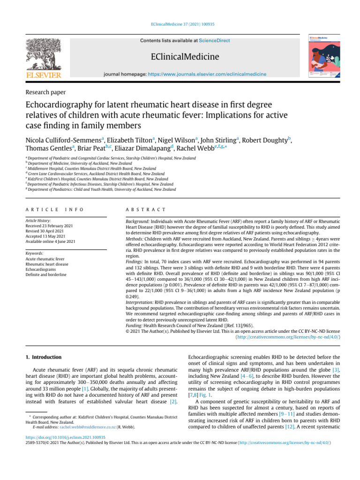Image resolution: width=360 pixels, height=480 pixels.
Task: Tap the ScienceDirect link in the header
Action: pos(214,41)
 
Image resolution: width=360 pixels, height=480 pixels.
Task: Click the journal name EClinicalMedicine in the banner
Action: pos(185,57)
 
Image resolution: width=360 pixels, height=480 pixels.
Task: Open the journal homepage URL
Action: pos(207,74)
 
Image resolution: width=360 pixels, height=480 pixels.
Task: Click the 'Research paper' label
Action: pos(45,92)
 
